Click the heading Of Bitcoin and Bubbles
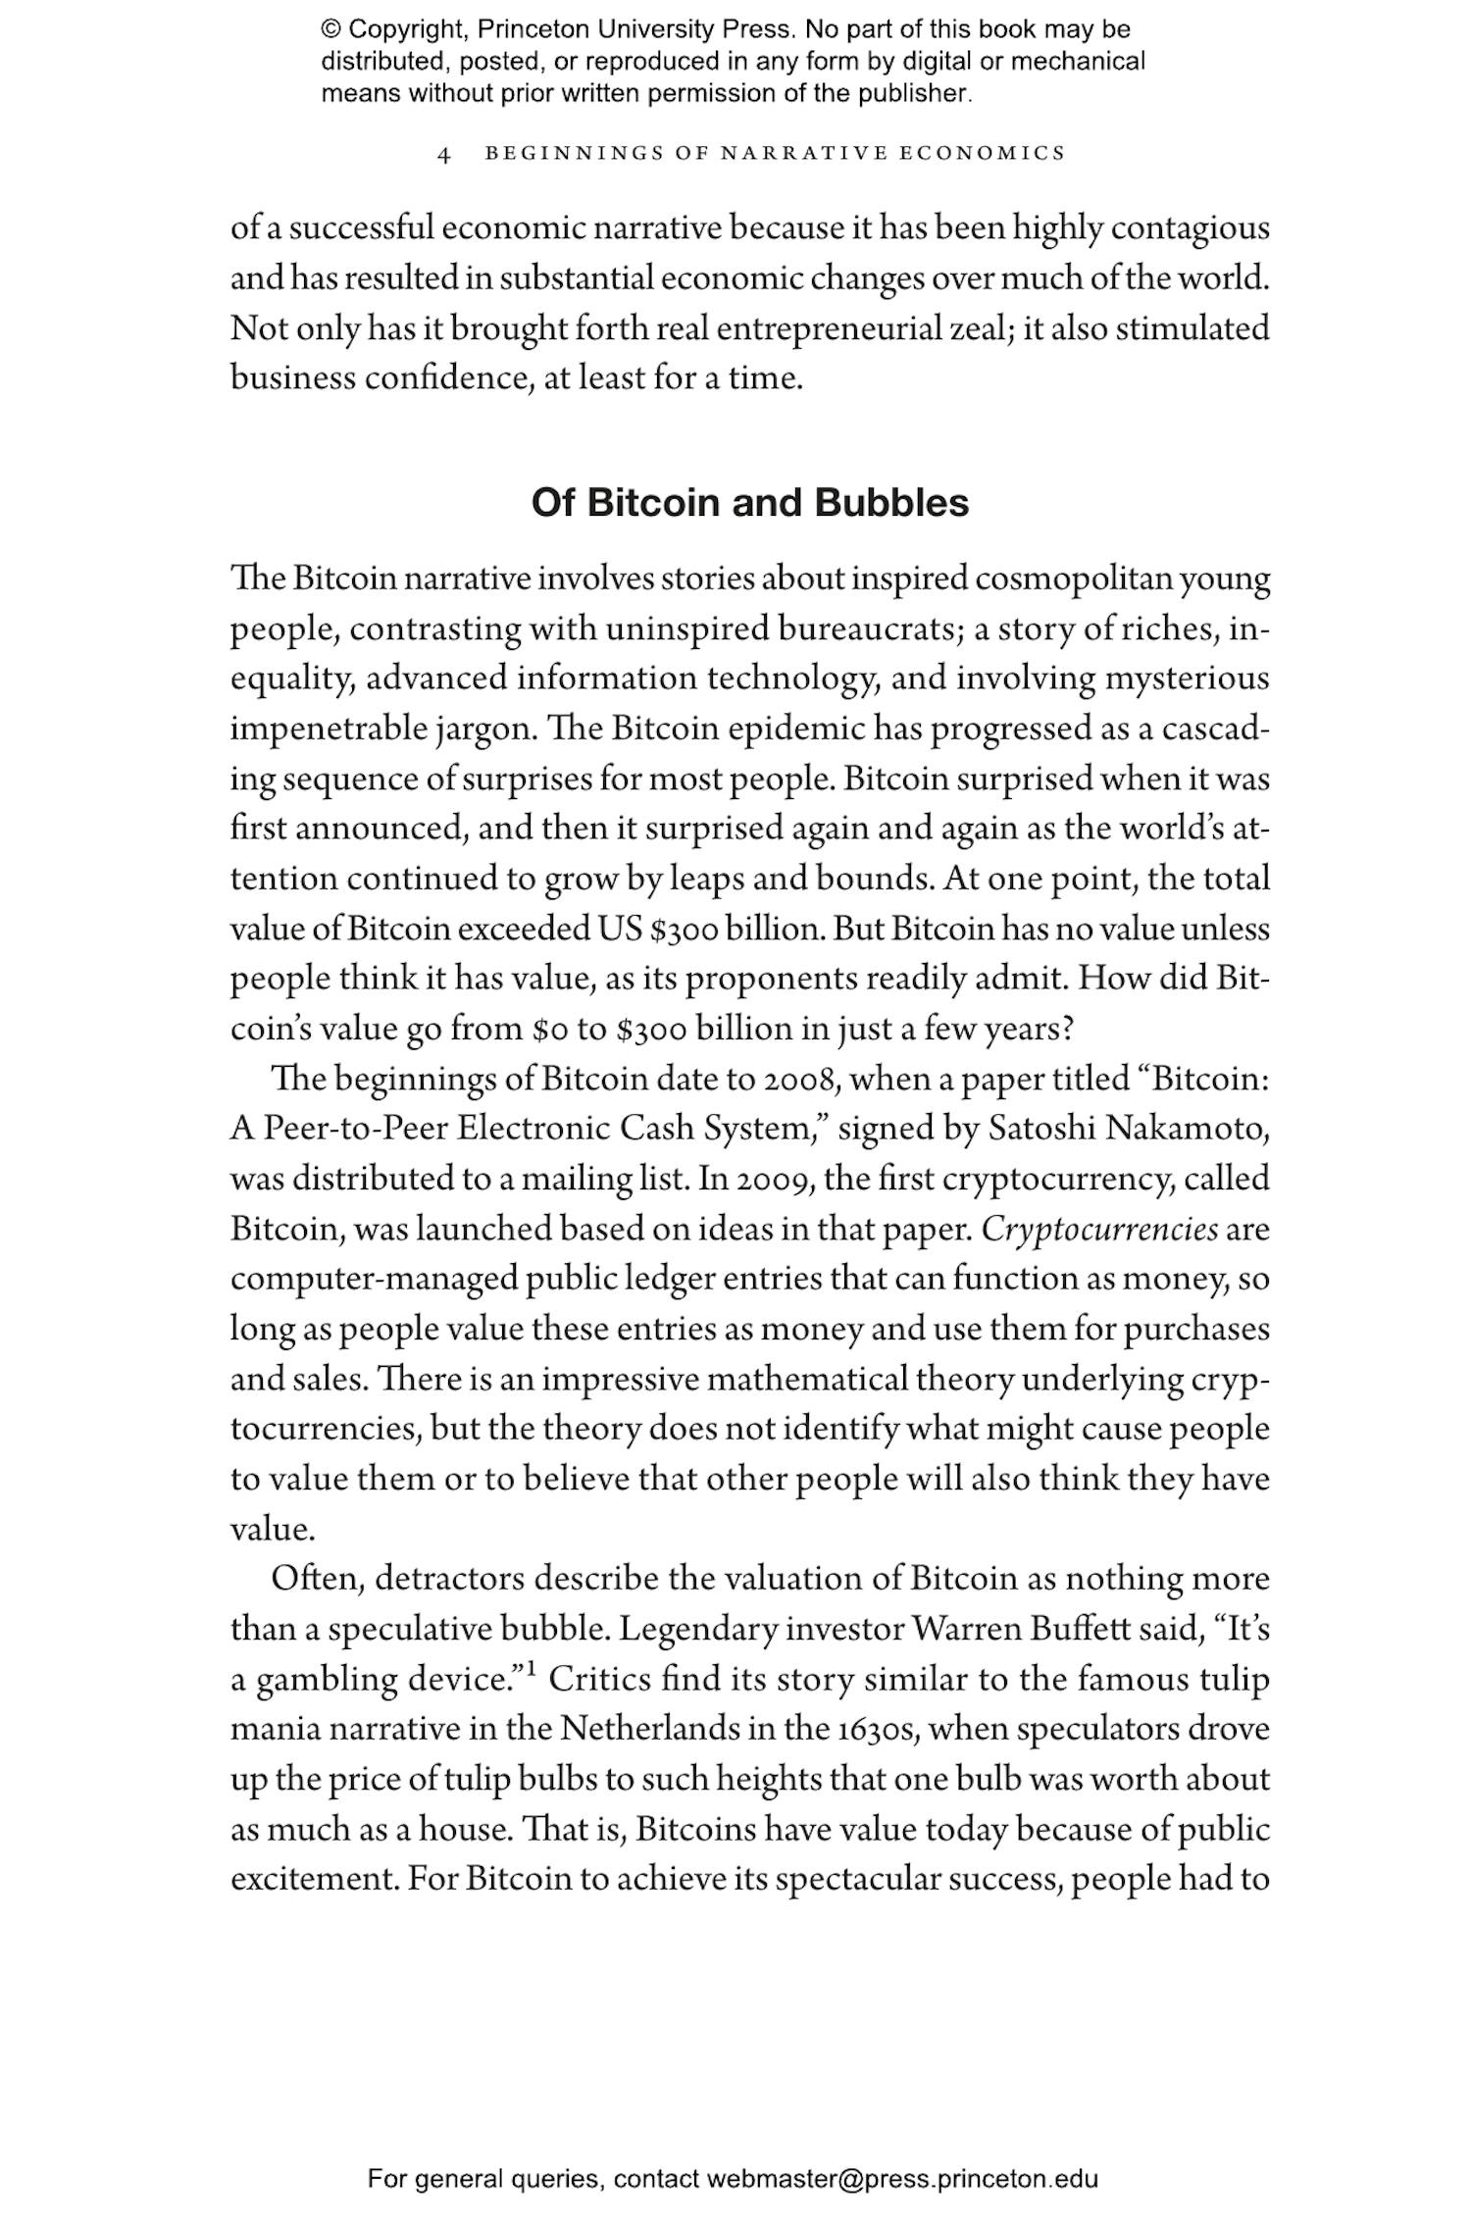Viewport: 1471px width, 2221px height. click(749, 503)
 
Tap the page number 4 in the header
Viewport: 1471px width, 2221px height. click(444, 155)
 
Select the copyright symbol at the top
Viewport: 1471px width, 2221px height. click(330, 29)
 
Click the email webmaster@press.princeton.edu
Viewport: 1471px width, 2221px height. click(901, 2179)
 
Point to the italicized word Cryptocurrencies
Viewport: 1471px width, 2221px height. click(1099, 1229)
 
